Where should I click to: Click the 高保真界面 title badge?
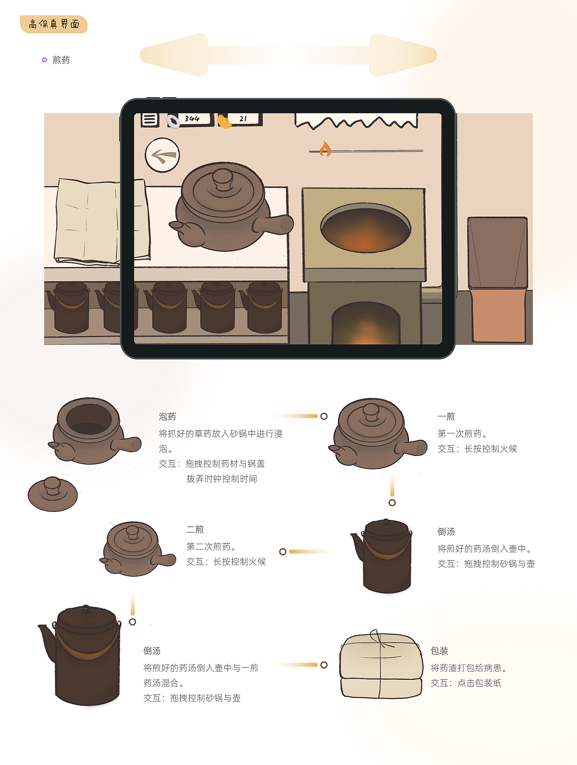pos(54,24)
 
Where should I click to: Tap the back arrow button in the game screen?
pos(162,155)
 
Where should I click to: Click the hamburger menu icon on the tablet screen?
pos(150,119)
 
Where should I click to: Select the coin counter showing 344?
pos(190,119)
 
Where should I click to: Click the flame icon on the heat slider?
pos(325,149)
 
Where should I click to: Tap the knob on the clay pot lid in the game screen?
pos(223,179)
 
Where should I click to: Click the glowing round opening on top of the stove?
pos(366,228)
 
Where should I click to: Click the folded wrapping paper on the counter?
pos(101,221)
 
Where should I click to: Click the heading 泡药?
pos(167,417)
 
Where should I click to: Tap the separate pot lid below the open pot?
pos(53,494)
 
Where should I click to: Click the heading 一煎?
pos(446,417)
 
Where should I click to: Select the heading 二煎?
pos(195,530)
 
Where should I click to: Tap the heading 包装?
pos(440,651)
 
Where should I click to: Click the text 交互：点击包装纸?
pos(466,683)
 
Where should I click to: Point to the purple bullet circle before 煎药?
pos(44,60)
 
